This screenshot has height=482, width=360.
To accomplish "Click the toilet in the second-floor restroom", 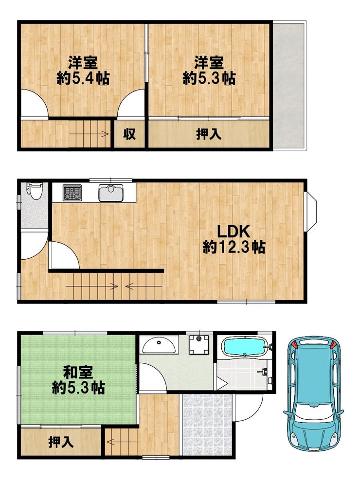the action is [34, 191].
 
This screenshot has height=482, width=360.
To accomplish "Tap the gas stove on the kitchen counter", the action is [72, 193].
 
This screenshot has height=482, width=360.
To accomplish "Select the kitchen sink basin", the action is [111, 193].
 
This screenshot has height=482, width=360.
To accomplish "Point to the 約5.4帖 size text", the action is [83, 79].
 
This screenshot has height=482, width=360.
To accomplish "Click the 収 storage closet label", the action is [129, 134].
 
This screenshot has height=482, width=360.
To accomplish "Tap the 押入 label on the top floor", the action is [209, 134].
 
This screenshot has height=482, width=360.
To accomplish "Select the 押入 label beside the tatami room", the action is [61, 442].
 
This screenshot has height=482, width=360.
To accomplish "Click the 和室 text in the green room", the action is [78, 373].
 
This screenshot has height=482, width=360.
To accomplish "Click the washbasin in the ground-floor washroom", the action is [159, 345].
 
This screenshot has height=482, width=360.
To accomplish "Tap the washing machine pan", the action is [199, 344].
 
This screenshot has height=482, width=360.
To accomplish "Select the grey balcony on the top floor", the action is [288, 85].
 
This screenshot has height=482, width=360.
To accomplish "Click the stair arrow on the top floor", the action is [89, 134].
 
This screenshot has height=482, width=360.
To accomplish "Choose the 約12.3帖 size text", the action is [234, 247].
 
